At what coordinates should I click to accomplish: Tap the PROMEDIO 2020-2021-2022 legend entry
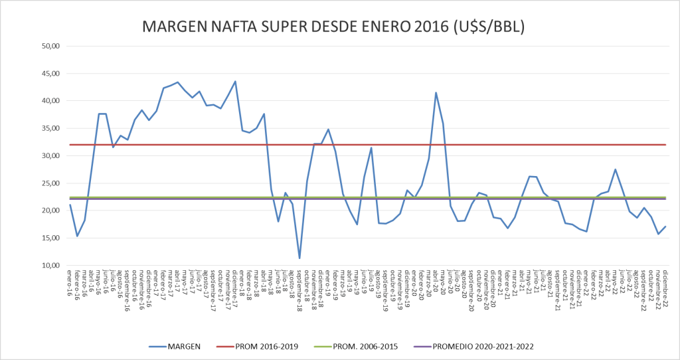(481, 345)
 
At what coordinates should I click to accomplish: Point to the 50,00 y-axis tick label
(51, 46)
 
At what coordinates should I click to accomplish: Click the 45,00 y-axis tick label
(51, 73)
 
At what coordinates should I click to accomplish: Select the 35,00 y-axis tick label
(51, 128)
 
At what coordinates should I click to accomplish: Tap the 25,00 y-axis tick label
(51, 183)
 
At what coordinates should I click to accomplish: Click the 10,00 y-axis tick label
(51, 266)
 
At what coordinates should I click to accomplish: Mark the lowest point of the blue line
(299, 258)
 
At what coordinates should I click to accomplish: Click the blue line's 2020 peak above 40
(436, 93)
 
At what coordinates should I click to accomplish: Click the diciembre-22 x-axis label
(664, 286)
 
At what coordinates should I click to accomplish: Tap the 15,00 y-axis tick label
(51, 238)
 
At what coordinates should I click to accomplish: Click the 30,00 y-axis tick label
(51, 155)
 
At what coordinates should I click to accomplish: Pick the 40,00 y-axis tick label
(51, 101)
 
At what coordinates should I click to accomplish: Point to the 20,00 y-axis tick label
(51, 211)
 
